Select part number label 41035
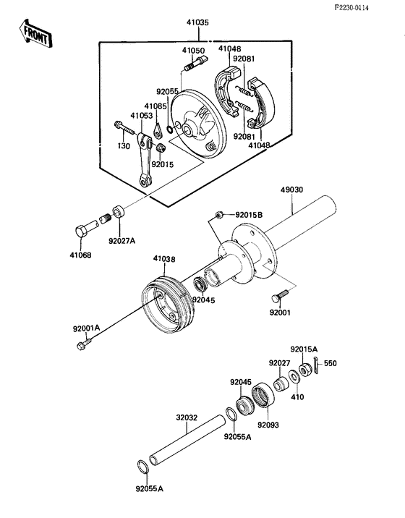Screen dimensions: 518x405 [x=197, y=22]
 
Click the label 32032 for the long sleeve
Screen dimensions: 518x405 [x=186, y=417]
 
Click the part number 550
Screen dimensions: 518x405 [x=330, y=363]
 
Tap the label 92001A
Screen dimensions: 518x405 [x=86, y=328]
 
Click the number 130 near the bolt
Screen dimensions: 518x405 [x=124, y=146]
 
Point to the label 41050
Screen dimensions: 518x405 [x=192, y=51]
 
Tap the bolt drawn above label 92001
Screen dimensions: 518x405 [x=281, y=295]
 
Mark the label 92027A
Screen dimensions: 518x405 [x=121, y=241]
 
